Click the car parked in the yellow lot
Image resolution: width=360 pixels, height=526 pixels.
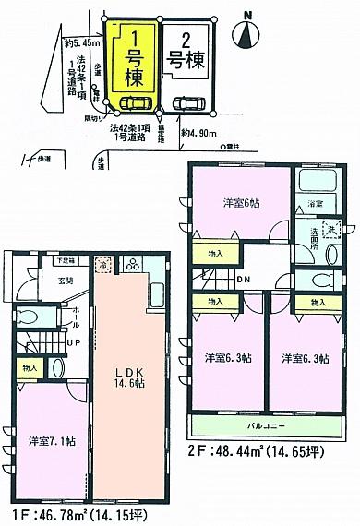135,103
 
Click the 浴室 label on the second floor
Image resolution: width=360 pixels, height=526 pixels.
315,204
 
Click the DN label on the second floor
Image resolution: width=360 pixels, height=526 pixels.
242,281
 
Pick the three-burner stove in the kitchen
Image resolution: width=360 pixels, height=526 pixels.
131,266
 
